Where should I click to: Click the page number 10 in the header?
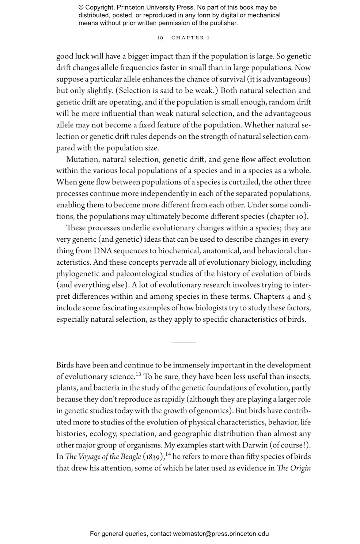click(160, 38)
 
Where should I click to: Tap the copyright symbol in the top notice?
click(81, 7)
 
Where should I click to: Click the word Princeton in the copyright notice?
click(129, 7)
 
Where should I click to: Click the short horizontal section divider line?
click(183, 343)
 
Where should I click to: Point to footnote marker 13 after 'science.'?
click(138, 374)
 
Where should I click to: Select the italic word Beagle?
click(131, 457)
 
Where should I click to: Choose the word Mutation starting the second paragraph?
click(82, 159)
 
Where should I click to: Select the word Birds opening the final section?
click(65, 365)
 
